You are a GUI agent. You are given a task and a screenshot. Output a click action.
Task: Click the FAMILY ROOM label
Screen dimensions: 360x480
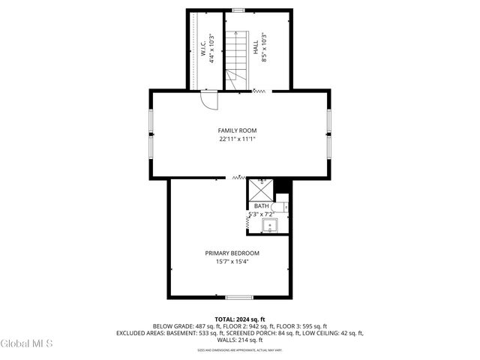238,130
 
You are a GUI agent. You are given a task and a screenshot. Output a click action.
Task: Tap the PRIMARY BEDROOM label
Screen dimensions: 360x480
232,253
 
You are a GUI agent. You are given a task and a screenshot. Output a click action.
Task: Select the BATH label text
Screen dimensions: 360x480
261,206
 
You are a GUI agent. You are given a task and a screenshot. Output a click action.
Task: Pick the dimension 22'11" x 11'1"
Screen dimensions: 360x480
238,139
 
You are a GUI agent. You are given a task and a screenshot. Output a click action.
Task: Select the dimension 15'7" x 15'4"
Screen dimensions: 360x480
232,262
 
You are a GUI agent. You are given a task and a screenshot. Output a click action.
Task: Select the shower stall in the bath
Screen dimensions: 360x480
261,189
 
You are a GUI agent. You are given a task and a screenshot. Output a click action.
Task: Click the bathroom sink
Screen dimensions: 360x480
278,224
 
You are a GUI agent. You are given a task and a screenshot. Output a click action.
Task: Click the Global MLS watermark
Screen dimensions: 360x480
27,343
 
